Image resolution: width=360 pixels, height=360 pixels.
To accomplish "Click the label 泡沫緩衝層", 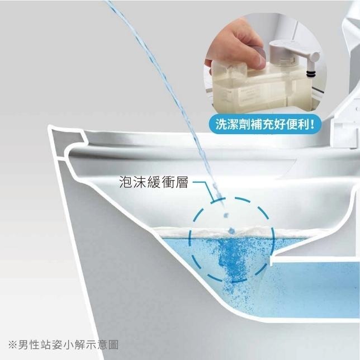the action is (x=154, y=183).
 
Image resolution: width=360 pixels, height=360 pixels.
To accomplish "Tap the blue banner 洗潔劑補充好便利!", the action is (x=265, y=125).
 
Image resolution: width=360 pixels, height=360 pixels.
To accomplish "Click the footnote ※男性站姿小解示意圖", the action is (x=63, y=345).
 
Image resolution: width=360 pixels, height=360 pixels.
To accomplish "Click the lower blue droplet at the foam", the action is (x=231, y=230).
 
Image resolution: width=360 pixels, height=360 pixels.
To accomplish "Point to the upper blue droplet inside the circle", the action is (x=226, y=215).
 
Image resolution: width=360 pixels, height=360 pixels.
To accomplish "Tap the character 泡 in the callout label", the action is (x=126, y=183).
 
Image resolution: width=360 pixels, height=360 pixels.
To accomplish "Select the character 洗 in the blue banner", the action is (x=221, y=125).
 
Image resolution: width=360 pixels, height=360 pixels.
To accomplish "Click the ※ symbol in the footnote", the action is (x=13, y=345).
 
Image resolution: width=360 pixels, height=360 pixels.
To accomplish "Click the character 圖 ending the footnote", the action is (x=113, y=345).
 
